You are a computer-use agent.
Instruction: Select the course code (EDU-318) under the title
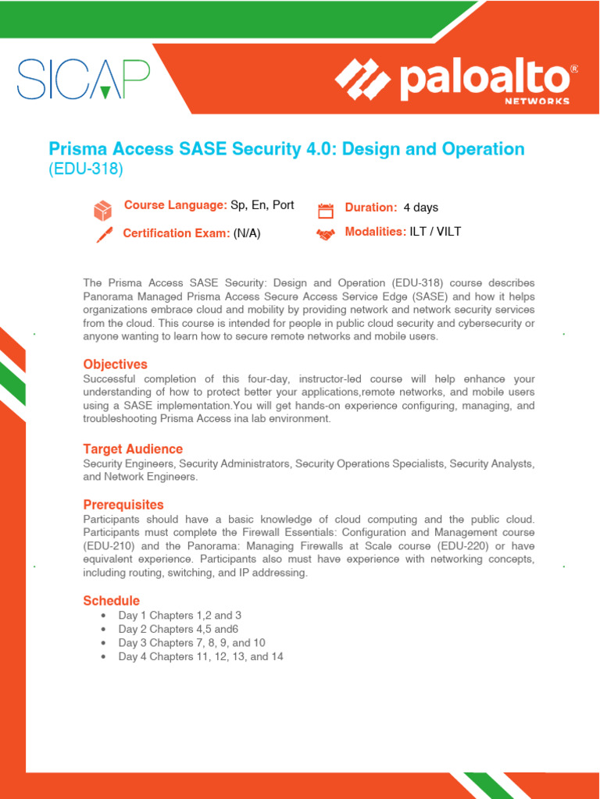pyautogui.click(x=86, y=169)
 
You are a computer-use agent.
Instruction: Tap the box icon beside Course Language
pyautogui.click(x=103, y=210)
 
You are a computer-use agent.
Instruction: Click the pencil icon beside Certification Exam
pyautogui.click(x=103, y=234)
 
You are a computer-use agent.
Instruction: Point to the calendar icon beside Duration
pyautogui.click(x=325, y=210)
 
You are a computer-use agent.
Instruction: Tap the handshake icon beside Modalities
pyautogui.click(x=325, y=234)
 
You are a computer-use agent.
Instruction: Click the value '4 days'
pyautogui.click(x=420, y=208)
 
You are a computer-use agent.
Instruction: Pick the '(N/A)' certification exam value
pyautogui.click(x=247, y=233)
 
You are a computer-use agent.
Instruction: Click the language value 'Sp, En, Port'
pyautogui.click(x=262, y=205)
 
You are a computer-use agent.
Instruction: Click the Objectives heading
pyautogui.click(x=115, y=364)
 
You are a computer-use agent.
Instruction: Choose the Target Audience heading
pyautogui.click(x=133, y=449)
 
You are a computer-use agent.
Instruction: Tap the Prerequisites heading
pyautogui.click(x=123, y=505)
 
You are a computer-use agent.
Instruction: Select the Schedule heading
pyautogui.click(x=112, y=601)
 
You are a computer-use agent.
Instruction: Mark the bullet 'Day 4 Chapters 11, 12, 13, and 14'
pyautogui.click(x=201, y=657)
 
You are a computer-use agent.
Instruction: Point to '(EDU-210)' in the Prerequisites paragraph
pyautogui.click(x=110, y=545)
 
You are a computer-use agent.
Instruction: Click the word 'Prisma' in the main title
pyautogui.click(x=77, y=148)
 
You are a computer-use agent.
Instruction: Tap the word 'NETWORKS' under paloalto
pyautogui.click(x=537, y=101)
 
